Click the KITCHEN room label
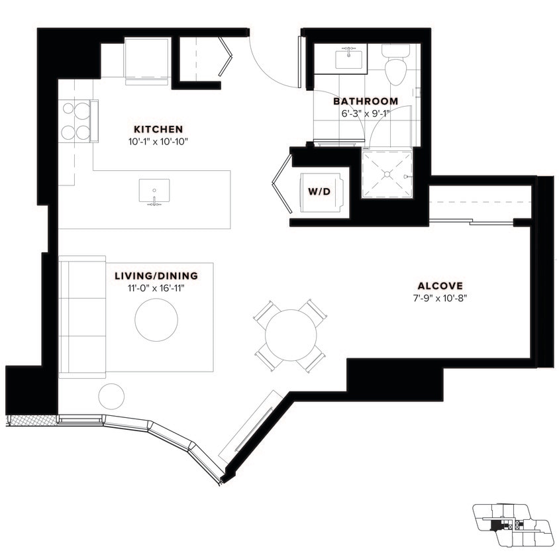coord(158,128)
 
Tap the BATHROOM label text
coord(365,101)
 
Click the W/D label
coord(320,192)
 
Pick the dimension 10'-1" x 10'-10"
coord(158,141)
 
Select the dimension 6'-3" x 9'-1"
coord(365,113)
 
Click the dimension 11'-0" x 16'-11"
coord(155,287)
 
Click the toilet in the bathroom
coord(395,64)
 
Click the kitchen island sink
coord(154,192)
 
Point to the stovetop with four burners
coord(75,121)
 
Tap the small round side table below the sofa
coord(111,396)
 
